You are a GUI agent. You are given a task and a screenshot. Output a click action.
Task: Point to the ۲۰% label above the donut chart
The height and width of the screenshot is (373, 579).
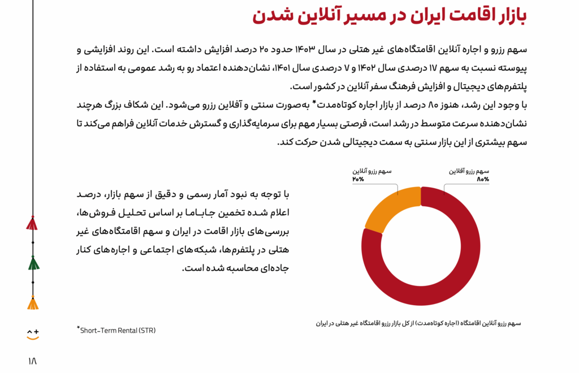358,179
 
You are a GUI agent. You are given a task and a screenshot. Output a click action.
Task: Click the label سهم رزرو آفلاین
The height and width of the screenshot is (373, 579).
469,171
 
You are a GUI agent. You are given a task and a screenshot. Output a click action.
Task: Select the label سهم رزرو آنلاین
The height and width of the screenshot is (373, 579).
371,171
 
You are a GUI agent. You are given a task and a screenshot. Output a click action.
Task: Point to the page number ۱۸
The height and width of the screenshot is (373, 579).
31,361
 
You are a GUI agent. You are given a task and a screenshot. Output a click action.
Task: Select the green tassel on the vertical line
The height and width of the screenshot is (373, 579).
33,263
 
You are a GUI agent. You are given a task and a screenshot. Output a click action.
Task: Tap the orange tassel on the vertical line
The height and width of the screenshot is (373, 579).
33,303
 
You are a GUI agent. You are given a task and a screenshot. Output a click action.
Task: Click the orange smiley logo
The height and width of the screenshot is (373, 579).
33,333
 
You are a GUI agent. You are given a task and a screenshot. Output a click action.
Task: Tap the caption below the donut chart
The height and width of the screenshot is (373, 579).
418,323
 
